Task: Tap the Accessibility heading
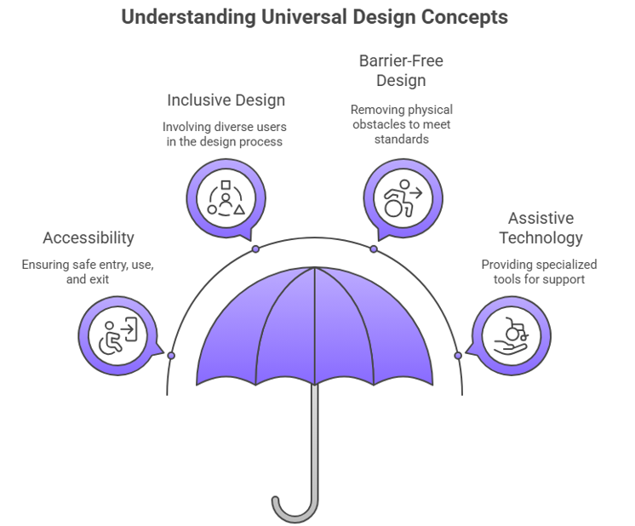click(89, 238)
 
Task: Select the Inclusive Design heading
click(226, 100)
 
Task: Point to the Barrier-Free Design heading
click(401, 71)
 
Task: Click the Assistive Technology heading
click(541, 228)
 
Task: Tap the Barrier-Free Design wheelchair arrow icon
click(402, 197)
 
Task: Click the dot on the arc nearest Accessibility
click(171, 355)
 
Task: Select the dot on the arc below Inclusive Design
click(255, 249)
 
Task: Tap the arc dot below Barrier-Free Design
click(373, 249)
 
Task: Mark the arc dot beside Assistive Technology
click(458, 355)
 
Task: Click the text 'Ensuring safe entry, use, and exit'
click(89, 272)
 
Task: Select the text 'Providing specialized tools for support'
click(540, 272)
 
